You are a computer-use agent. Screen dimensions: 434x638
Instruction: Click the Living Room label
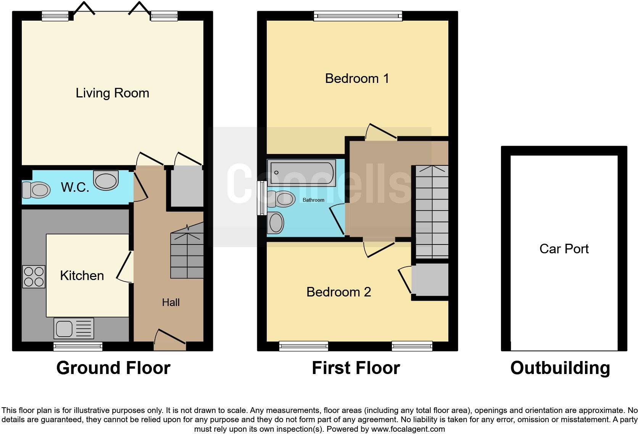coord(112,93)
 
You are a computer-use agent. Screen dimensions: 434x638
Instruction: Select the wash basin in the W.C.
coord(106,180)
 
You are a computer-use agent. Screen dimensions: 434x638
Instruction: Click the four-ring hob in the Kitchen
coord(34,277)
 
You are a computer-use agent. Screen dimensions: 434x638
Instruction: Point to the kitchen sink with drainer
coord(74,328)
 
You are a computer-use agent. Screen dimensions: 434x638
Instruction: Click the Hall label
coord(171,303)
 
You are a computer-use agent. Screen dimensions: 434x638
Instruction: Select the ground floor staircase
coord(187,254)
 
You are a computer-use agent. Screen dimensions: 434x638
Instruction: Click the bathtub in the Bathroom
coord(301,173)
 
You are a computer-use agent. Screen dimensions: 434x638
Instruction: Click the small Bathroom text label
coord(313,200)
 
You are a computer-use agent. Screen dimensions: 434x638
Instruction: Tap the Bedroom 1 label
coord(357,79)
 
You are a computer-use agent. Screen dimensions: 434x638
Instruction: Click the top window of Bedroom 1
coord(358,16)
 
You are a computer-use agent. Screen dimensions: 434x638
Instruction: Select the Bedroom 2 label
coord(338,292)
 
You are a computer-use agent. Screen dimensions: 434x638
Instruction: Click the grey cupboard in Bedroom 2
coord(430,280)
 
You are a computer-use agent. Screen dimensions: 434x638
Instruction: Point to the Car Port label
coord(564,249)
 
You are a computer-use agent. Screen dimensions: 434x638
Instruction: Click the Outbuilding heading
coord(560,368)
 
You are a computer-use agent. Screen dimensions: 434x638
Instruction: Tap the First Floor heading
coord(356,368)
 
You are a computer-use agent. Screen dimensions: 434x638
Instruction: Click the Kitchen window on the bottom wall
coord(78,347)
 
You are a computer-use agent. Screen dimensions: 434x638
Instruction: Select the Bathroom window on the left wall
coord(261,198)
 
